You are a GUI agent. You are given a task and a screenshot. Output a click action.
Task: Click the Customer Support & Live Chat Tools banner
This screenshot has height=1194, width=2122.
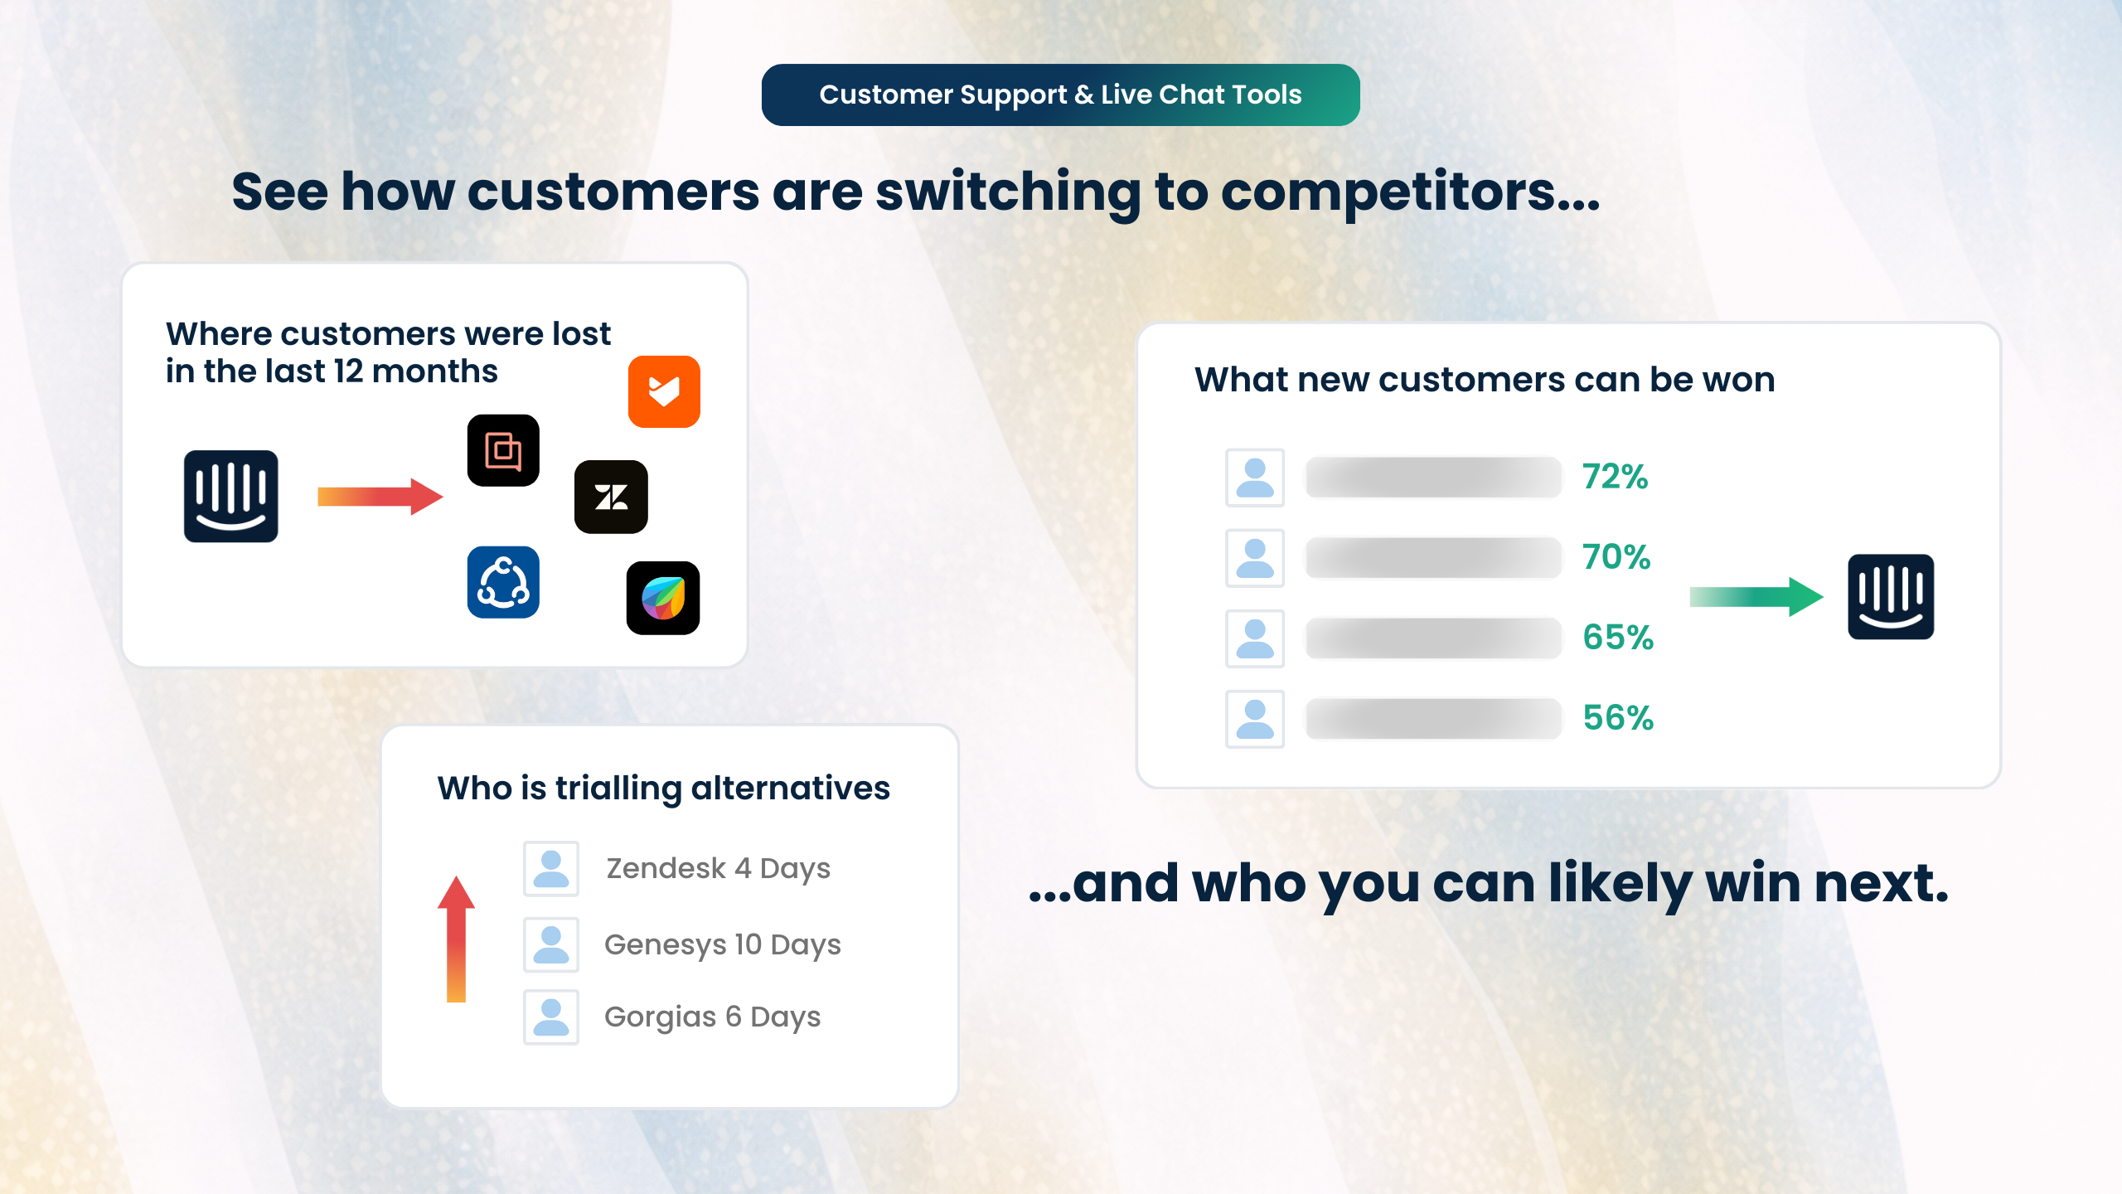pyautogui.click(x=1060, y=95)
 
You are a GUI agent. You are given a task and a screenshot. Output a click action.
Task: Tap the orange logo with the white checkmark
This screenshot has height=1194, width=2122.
pyautogui.click(x=664, y=391)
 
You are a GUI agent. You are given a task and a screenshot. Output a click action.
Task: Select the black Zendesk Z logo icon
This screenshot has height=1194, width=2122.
pyautogui.click(x=611, y=497)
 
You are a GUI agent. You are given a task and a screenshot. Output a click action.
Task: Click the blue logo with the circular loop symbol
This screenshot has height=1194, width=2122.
pyautogui.click(x=503, y=582)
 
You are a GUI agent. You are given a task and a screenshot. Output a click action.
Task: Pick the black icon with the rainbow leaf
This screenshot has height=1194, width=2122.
pyautogui.click(x=663, y=598)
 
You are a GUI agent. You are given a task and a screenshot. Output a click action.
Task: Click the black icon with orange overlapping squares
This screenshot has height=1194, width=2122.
pyautogui.click(x=503, y=450)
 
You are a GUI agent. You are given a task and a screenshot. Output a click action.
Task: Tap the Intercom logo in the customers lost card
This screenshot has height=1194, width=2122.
pyautogui.click(x=230, y=496)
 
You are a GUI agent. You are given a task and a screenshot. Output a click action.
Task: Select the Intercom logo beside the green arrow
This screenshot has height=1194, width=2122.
pyautogui.click(x=1891, y=596)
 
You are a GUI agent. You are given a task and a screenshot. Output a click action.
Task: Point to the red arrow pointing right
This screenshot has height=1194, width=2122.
pyautogui.click(x=380, y=496)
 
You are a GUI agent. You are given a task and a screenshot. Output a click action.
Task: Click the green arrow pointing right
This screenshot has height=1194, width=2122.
pyautogui.click(x=1756, y=596)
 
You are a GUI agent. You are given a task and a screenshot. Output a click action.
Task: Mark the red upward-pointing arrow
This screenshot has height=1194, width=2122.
pyautogui.click(x=456, y=939)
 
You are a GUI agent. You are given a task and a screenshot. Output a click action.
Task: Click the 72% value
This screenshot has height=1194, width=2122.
pyautogui.click(x=1615, y=477)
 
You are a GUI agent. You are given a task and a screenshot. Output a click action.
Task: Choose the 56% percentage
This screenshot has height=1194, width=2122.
pyautogui.click(x=1618, y=718)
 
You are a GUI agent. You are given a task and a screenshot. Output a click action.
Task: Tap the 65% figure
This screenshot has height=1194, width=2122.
pyautogui.click(x=1618, y=638)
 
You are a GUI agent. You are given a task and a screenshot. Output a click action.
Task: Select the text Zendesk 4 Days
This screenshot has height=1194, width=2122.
pyautogui.click(x=718, y=868)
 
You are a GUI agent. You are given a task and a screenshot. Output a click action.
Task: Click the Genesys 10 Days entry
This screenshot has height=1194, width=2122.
pyautogui.click(x=722, y=944)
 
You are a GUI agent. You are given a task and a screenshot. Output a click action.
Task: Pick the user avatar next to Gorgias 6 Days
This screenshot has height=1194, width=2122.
pyautogui.click(x=551, y=1017)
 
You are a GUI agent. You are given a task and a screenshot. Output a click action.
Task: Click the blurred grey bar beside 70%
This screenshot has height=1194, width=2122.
pyautogui.click(x=1433, y=557)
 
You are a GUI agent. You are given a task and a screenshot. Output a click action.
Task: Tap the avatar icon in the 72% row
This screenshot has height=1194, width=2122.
pyautogui.click(x=1255, y=478)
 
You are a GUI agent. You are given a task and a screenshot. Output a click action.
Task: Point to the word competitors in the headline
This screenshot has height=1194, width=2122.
pyautogui.click(x=1409, y=192)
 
